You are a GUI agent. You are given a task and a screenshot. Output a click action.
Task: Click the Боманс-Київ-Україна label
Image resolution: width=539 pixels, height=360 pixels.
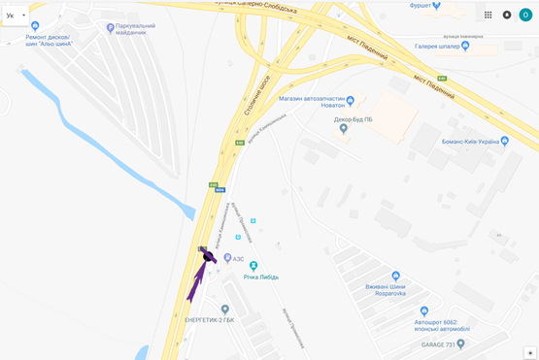[x=465, y=142]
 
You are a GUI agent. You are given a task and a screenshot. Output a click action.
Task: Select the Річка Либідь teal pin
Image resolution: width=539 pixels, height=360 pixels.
[x=253, y=265]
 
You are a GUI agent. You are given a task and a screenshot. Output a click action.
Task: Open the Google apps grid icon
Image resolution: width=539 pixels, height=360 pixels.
[x=488, y=16]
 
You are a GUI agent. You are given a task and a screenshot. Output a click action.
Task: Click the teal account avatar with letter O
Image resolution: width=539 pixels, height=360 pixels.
[x=525, y=15]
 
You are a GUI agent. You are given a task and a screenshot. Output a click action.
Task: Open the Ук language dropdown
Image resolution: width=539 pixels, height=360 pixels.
[x=16, y=16]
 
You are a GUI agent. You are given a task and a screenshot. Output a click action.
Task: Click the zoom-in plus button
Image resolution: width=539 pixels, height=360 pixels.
[x=530, y=352]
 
